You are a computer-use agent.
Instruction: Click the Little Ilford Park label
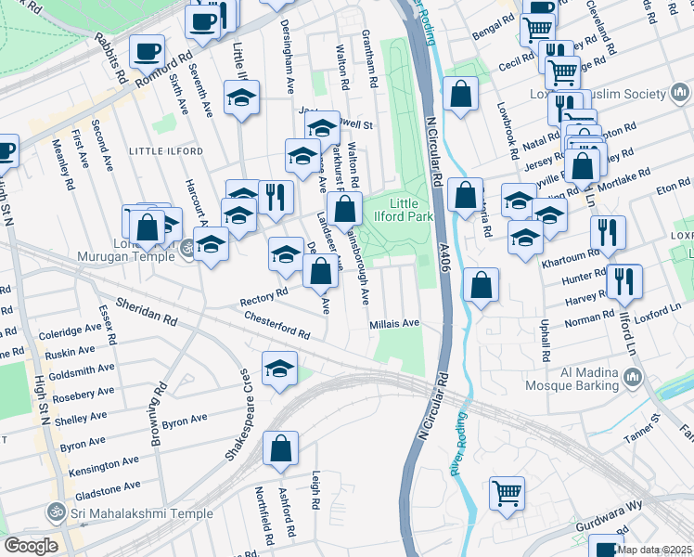coord(412,211)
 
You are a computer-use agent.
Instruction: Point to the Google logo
coord(31,546)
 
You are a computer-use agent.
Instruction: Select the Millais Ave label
coord(394,324)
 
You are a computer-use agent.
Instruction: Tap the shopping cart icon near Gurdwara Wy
coord(507,493)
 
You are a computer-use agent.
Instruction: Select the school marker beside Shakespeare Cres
coord(279,369)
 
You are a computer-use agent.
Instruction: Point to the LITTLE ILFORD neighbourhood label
coord(164,149)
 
